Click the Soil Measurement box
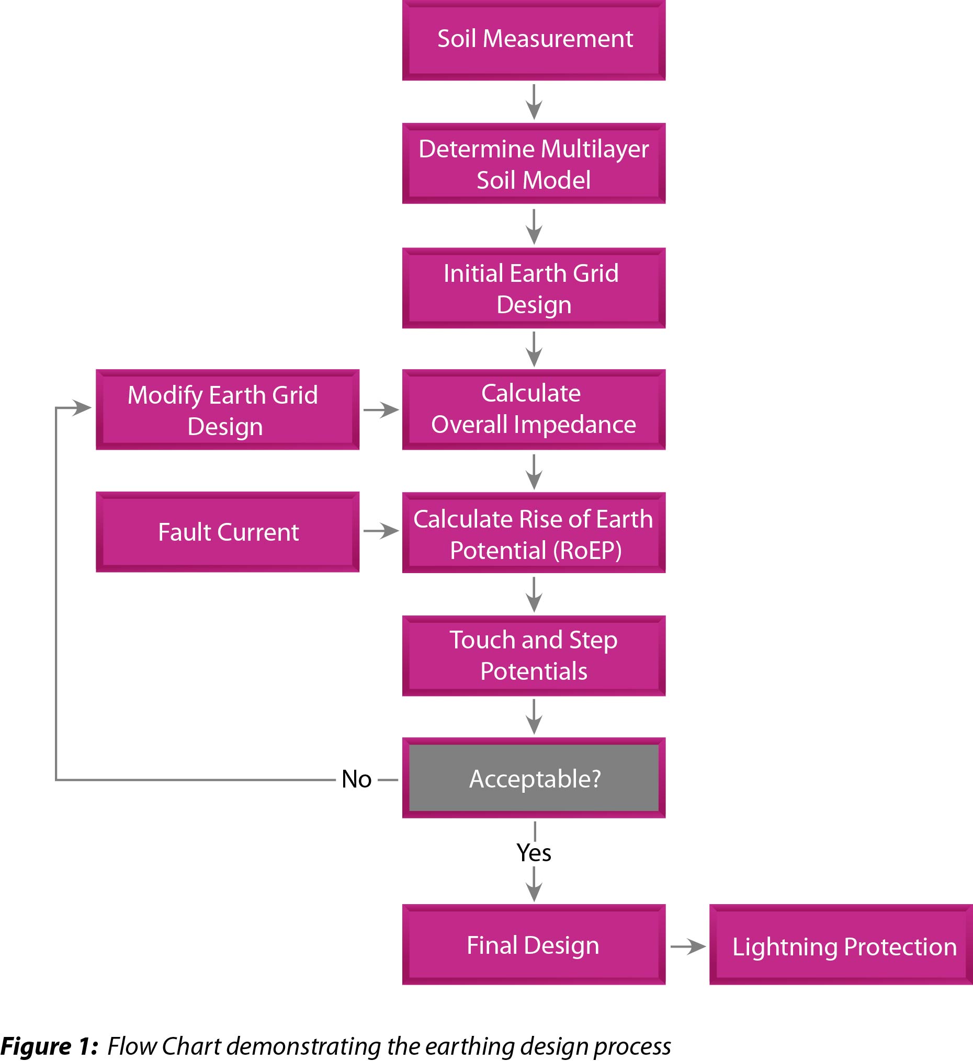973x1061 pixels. pyautogui.click(x=534, y=39)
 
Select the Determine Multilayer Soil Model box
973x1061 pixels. pyautogui.click(x=534, y=164)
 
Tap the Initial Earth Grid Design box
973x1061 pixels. pyautogui.click(x=534, y=288)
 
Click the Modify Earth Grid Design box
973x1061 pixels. pyautogui.click(x=228, y=409)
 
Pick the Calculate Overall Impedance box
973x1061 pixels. pyautogui.click(x=534, y=409)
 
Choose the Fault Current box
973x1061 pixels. pyautogui.click(x=228, y=532)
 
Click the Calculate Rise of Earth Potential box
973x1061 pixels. pyautogui.click(x=534, y=533)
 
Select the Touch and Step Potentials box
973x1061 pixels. pyautogui.click(x=534, y=656)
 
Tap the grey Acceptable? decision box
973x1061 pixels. pyautogui.click(x=534, y=778)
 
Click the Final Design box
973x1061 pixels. pyautogui.click(x=534, y=945)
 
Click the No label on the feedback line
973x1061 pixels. pyautogui.click(x=356, y=779)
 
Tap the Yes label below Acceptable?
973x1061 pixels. pyautogui.click(x=534, y=852)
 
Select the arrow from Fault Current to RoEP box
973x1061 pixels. pyautogui.click(x=381, y=531)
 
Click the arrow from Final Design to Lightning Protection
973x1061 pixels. pyautogui.click(x=687, y=946)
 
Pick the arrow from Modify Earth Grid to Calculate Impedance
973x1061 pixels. pyautogui.click(x=381, y=409)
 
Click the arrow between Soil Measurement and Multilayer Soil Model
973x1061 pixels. pyautogui.click(x=534, y=102)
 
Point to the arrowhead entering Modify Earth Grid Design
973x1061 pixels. pyautogui.click(x=82, y=407)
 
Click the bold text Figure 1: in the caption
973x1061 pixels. pyautogui.click(x=49, y=1046)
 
